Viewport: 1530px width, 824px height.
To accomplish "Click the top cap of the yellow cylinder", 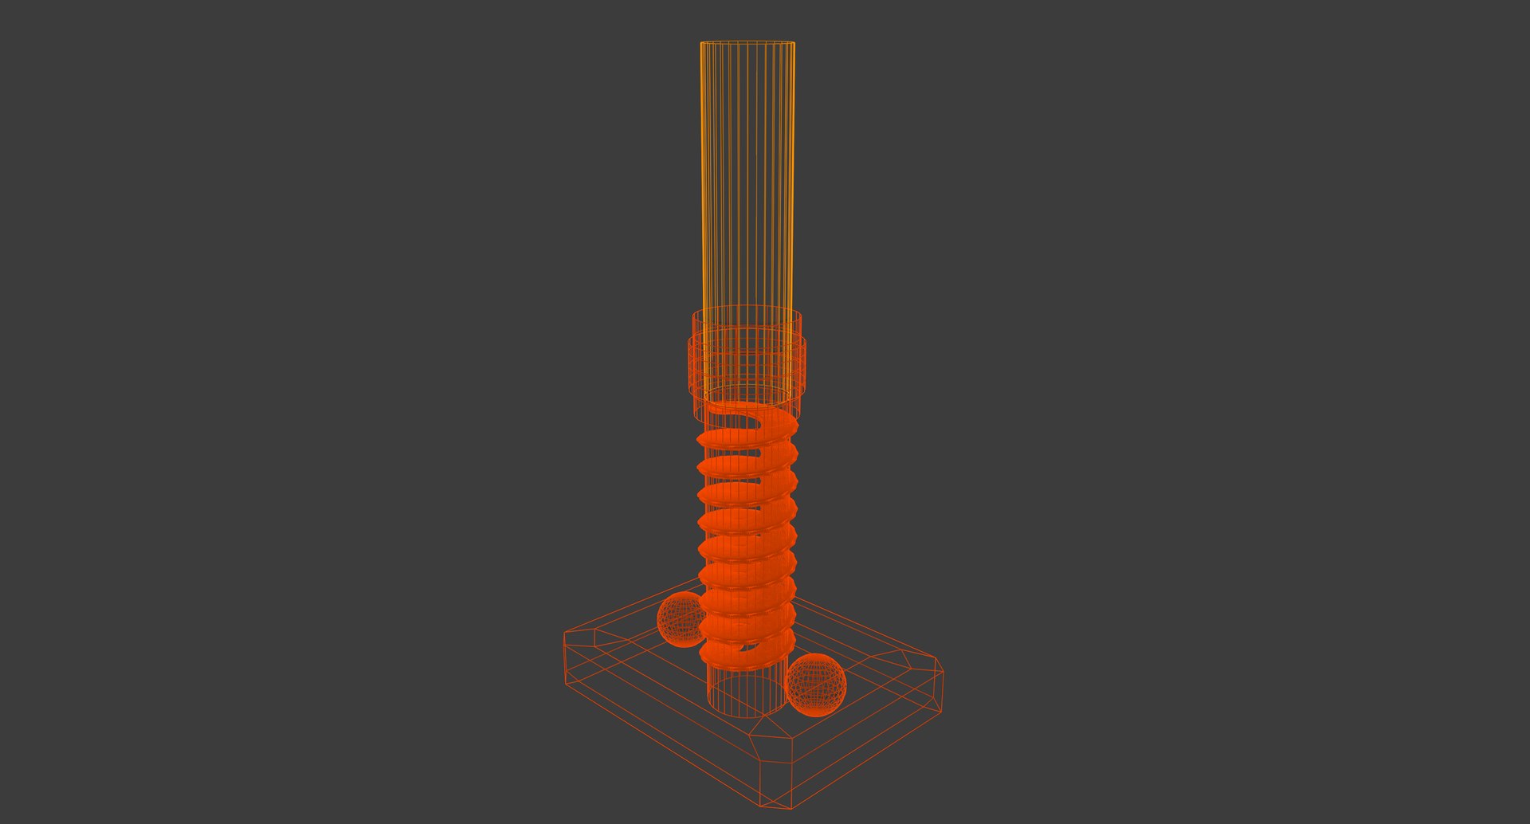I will click(747, 43).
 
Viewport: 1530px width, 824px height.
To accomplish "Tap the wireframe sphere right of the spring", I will click(816, 685).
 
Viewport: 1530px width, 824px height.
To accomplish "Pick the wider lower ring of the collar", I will click(747, 367).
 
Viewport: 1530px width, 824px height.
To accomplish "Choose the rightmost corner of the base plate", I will click(942, 671).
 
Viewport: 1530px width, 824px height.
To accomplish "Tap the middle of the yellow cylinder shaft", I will click(747, 175).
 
